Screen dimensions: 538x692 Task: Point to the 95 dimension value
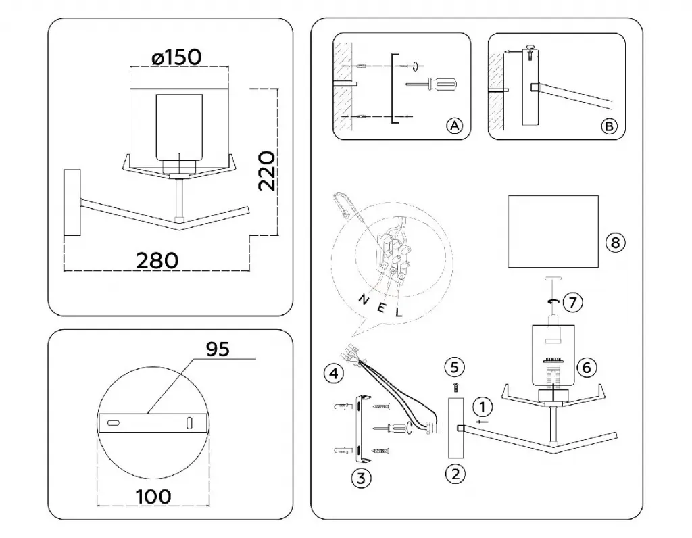(x=218, y=348)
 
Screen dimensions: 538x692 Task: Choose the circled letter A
(x=454, y=125)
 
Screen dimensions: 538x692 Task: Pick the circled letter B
(x=609, y=126)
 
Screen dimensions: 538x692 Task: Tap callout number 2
(x=455, y=473)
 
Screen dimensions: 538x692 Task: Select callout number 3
(x=362, y=479)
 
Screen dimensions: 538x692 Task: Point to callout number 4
(x=332, y=372)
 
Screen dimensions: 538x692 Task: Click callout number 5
(x=454, y=367)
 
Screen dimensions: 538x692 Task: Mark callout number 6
(x=587, y=367)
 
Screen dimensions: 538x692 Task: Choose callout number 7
(x=572, y=302)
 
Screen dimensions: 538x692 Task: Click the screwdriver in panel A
(x=432, y=84)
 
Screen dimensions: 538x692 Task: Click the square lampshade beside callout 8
(x=553, y=230)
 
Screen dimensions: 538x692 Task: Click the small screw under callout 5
(x=455, y=387)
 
